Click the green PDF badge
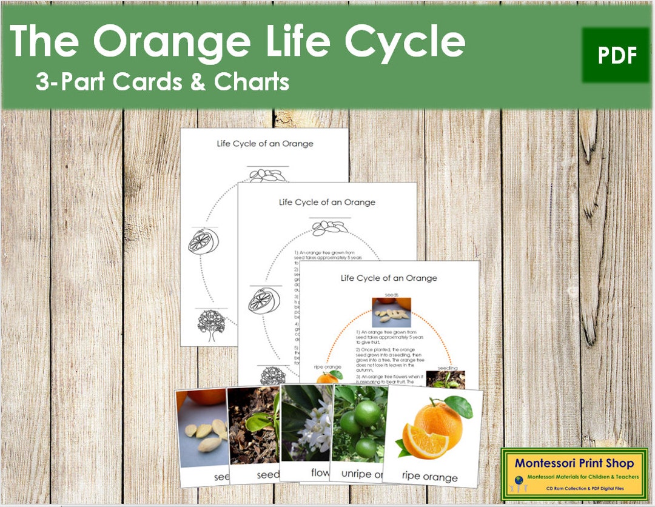point(615,55)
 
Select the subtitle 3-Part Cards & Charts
point(162,82)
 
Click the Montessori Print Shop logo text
point(574,463)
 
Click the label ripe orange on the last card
point(430,477)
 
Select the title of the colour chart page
point(389,278)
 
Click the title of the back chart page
point(265,144)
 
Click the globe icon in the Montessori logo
point(519,479)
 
